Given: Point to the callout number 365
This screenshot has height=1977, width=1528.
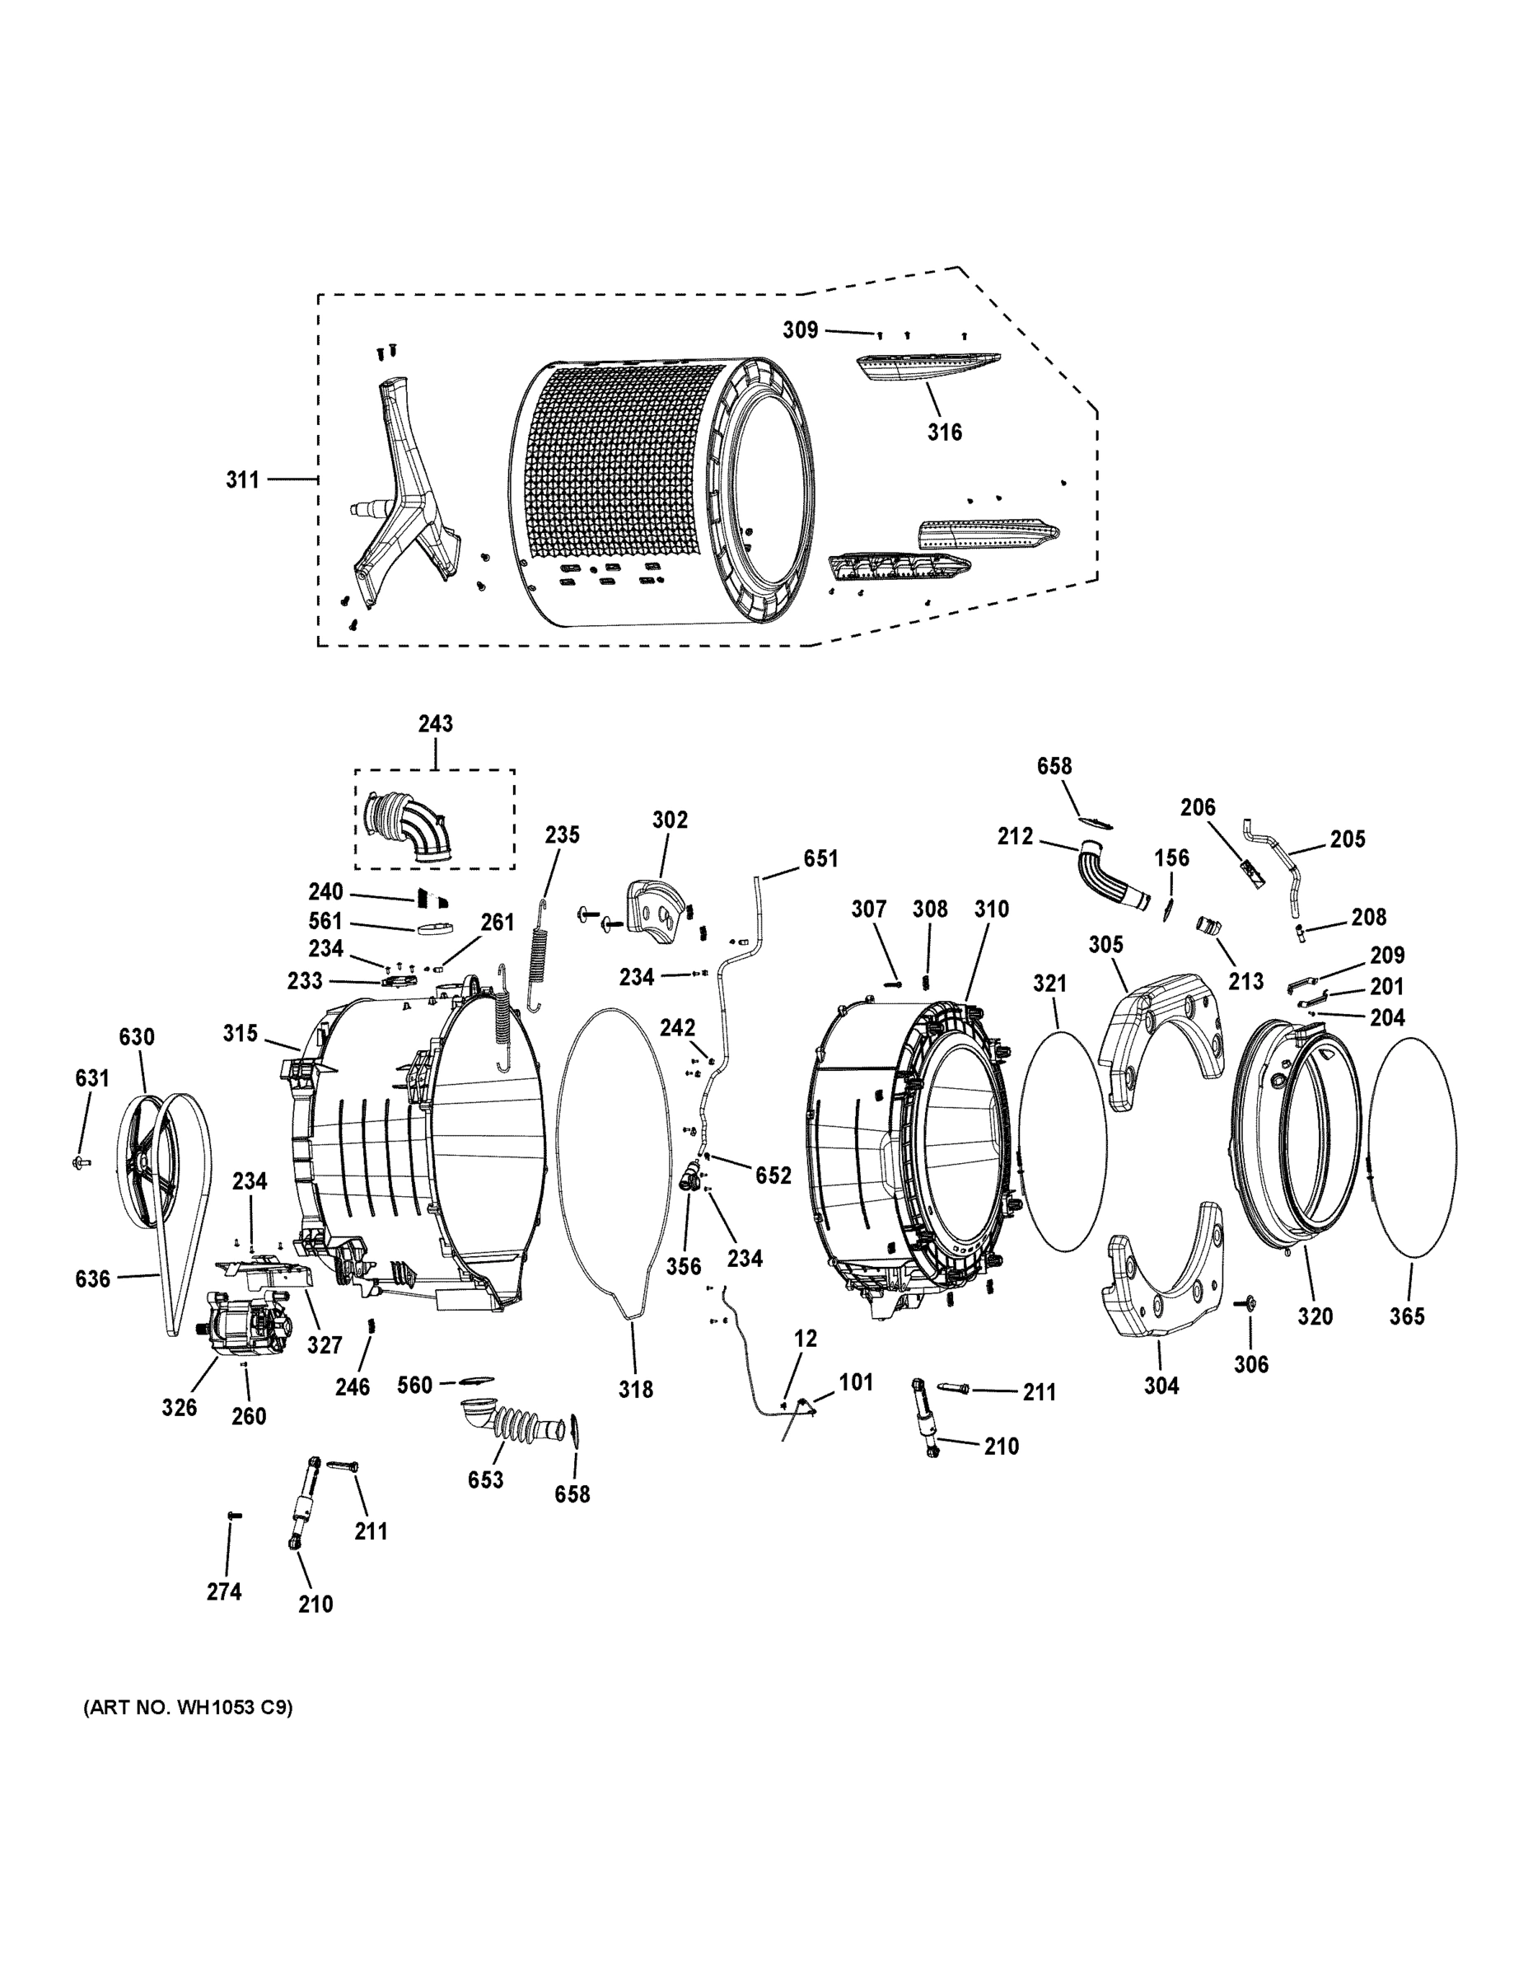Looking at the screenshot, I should pyautogui.click(x=1407, y=1317).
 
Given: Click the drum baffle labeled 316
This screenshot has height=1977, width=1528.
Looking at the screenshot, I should pyautogui.click(x=928, y=367).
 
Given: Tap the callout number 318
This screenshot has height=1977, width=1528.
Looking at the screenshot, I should pyautogui.click(x=635, y=1389).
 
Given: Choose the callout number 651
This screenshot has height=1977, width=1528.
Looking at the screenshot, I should pyautogui.click(x=820, y=858).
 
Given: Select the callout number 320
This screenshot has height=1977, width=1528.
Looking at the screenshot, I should pyautogui.click(x=1315, y=1316).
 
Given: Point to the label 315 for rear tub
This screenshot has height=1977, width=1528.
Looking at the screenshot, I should pyautogui.click(x=241, y=1033).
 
